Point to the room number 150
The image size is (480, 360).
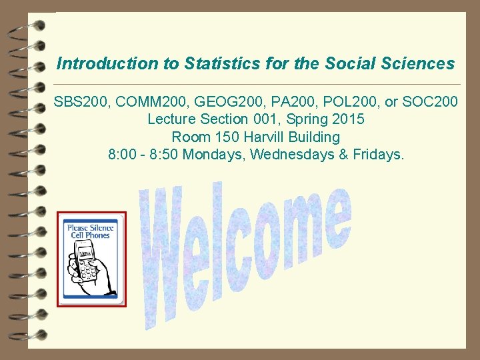tap(222, 137)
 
